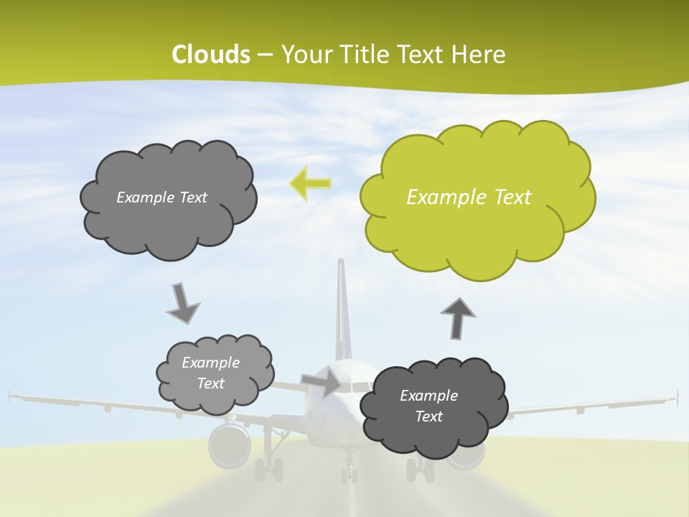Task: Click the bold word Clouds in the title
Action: (x=211, y=54)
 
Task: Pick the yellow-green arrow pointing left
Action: (x=309, y=183)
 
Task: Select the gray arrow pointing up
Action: (x=457, y=317)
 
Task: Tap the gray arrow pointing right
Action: (x=321, y=381)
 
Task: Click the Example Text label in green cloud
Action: (x=469, y=197)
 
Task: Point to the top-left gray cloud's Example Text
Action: (x=161, y=197)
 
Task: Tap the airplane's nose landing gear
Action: (x=350, y=470)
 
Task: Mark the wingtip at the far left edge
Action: (x=11, y=394)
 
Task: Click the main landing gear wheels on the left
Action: (x=268, y=470)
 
